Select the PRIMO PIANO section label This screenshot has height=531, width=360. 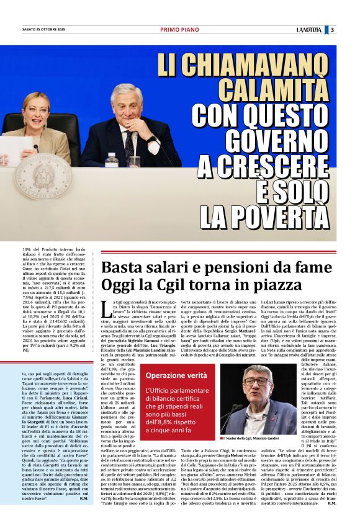(x=179, y=30)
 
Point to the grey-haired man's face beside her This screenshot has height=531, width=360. (x=127, y=102)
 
